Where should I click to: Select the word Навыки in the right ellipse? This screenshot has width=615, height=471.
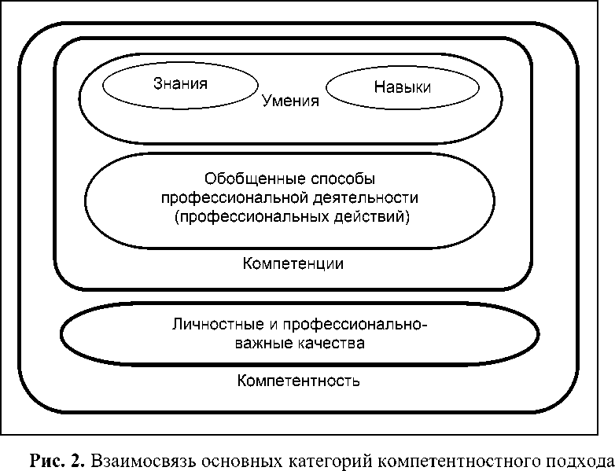403,87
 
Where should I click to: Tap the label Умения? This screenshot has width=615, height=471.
290,101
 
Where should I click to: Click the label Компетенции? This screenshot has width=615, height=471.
293,263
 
